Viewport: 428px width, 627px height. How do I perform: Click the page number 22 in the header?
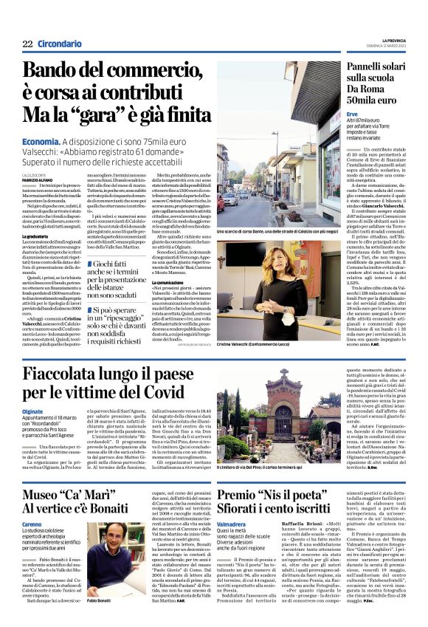pos(27,45)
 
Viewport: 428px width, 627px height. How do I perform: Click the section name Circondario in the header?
pos(60,45)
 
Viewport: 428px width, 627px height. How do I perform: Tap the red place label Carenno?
pos(33,521)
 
